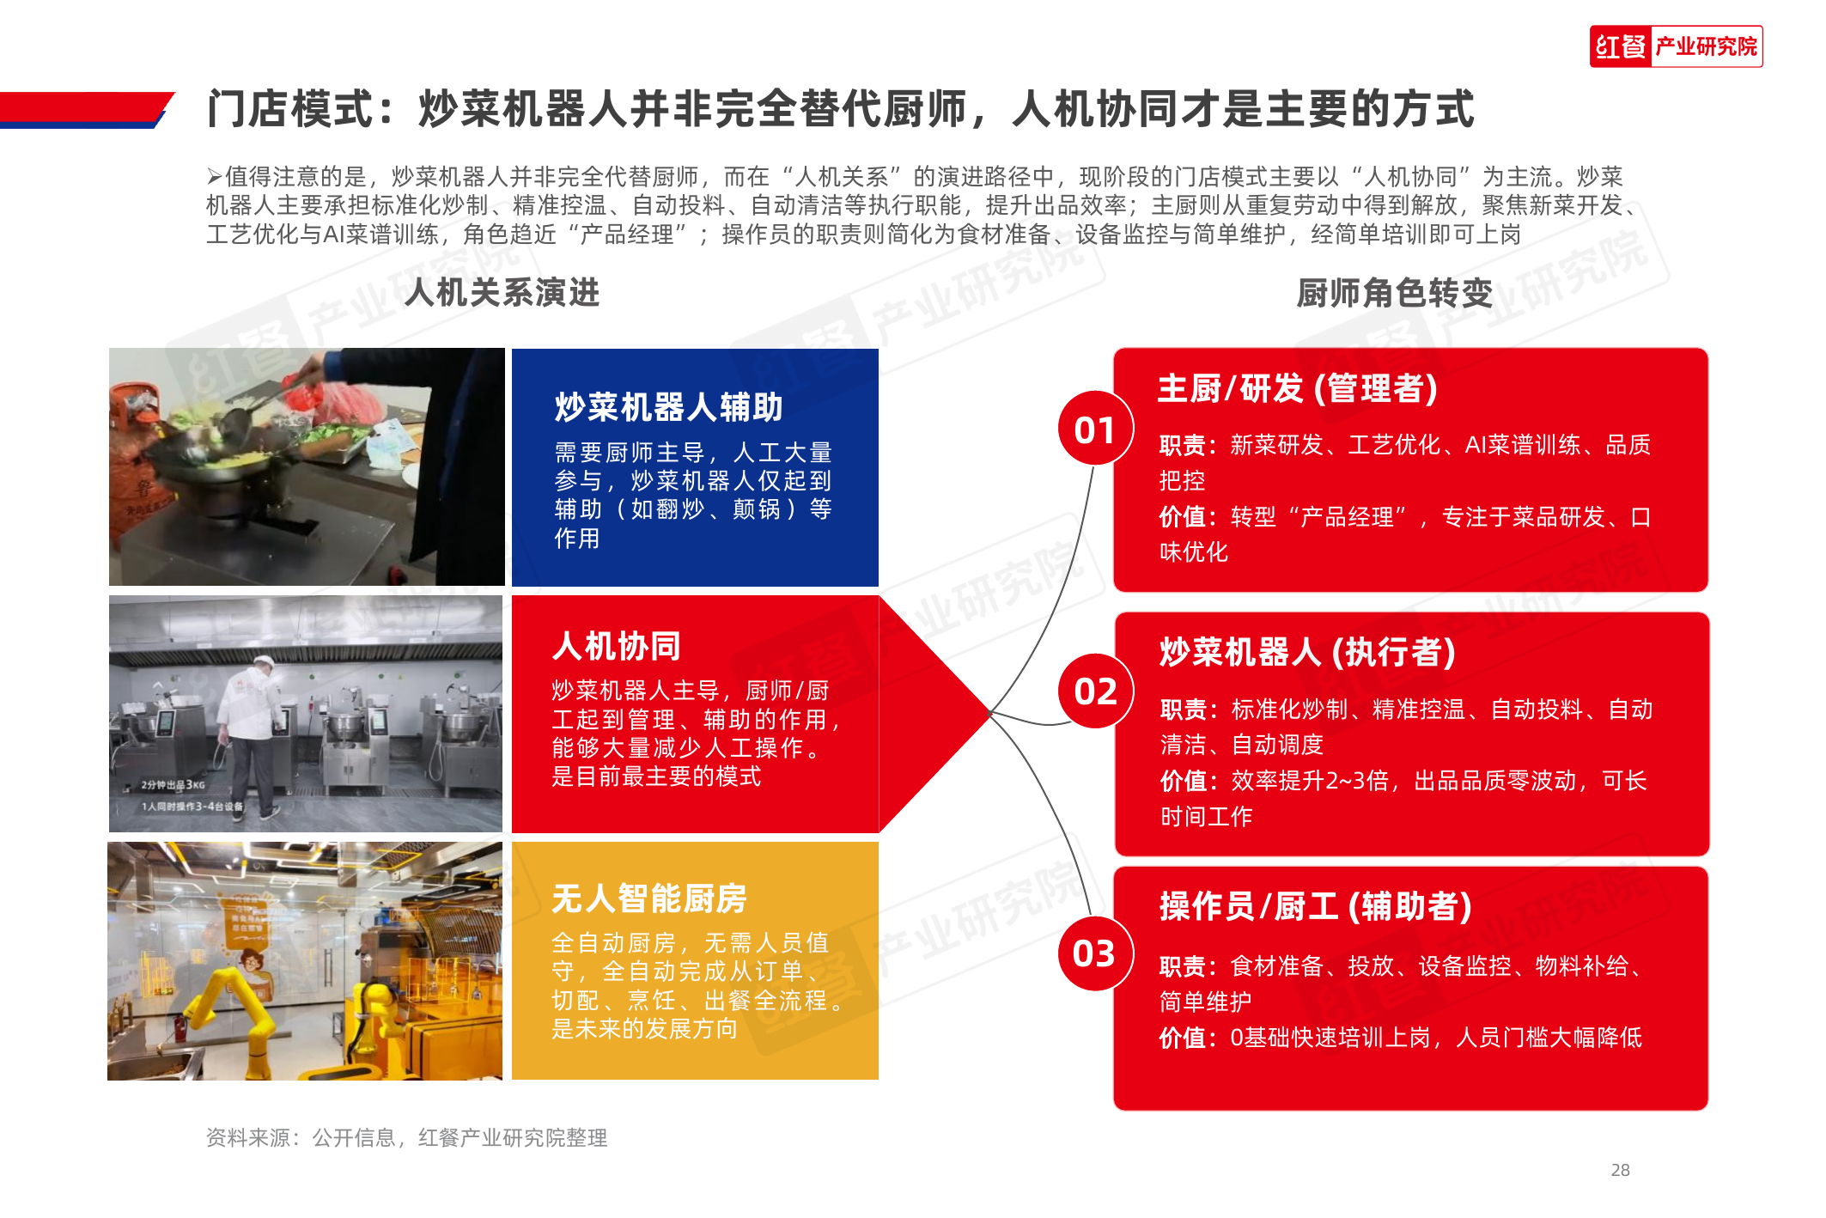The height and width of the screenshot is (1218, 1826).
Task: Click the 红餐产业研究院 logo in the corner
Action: pos(1676,46)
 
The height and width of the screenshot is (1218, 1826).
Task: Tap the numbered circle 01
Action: pos(1095,429)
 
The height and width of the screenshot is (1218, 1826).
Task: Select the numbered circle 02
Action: pos(1096,691)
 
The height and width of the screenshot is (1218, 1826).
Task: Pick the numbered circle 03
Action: pos(1094,953)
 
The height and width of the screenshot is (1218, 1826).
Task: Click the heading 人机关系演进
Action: pos(502,292)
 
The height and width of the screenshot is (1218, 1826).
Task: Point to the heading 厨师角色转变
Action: pos(1395,293)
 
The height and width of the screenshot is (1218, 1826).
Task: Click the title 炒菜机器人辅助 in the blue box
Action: pos(668,407)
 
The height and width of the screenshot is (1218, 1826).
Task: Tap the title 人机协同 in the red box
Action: pos(617,646)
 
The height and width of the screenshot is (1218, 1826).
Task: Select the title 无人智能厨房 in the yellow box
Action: pos(649,898)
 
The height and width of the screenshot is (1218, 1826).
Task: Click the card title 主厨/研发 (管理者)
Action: pos(1298,388)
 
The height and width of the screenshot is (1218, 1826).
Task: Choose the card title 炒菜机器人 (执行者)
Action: pos(1308,652)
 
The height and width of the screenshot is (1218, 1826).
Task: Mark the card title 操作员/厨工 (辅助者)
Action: pos(1316,906)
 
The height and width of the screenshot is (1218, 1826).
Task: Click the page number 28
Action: pos(1620,1170)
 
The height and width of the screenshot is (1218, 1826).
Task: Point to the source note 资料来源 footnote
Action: pos(407,1137)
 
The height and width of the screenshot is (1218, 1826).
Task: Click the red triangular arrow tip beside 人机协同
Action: pos(990,713)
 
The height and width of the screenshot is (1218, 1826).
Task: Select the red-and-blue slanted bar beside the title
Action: pos(86,110)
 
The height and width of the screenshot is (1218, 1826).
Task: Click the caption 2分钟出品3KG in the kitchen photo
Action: pos(173,784)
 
